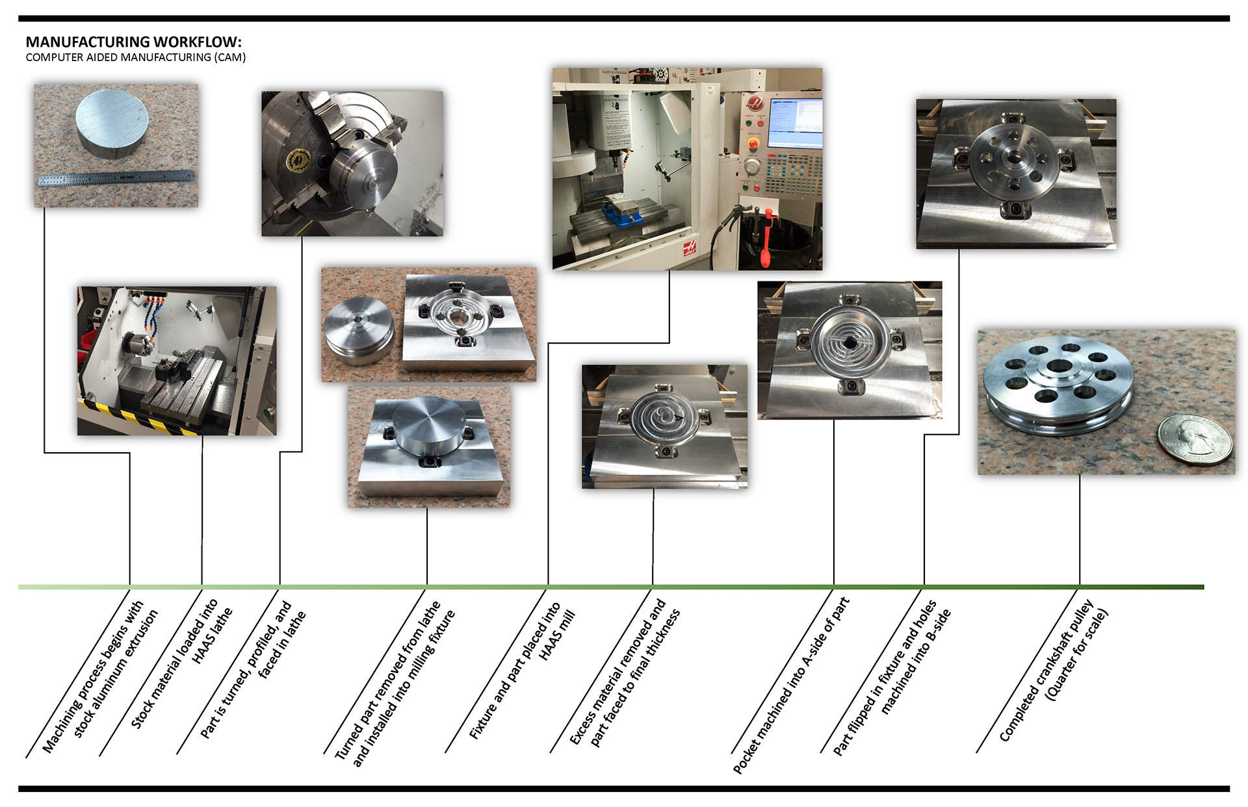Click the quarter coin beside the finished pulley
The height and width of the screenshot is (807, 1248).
click(1195, 439)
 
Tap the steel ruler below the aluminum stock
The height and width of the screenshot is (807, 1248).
click(116, 177)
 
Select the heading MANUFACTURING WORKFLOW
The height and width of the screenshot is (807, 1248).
click(133, 42)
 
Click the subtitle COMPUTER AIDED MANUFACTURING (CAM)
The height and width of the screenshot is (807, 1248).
click(135, 57)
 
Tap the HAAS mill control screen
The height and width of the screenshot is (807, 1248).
click(794, 123)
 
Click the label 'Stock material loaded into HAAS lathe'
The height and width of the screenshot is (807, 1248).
click(182, 663)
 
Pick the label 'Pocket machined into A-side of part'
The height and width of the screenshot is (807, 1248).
click(791, 685)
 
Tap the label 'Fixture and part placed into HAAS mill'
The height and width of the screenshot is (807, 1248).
click(524, 669)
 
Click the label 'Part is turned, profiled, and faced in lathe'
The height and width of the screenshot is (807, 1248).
click(254, 669)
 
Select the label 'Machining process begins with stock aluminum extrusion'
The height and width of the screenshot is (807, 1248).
click(101, 676)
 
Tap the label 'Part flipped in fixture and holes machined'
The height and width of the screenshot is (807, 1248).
click(894, 676)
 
